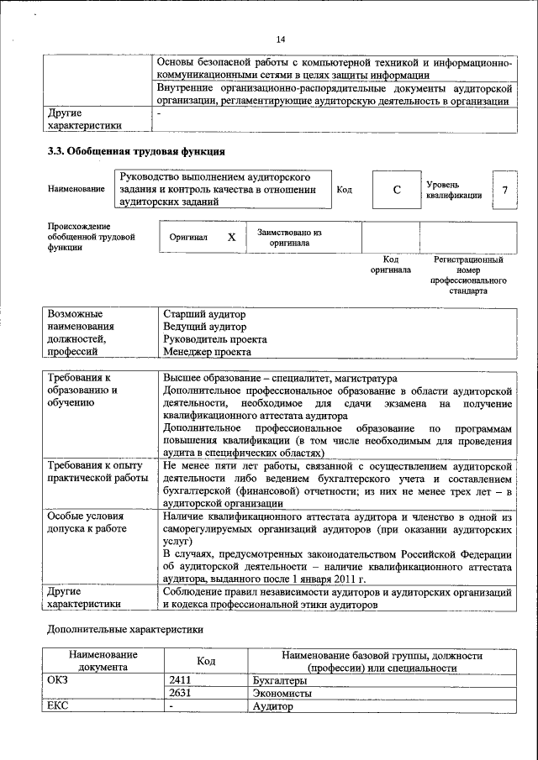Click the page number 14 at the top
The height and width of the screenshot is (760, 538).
click(x=281, y=39)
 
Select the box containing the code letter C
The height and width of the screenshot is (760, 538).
click(x=396, y=190)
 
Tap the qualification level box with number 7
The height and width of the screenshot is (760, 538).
click(x=504, y=190)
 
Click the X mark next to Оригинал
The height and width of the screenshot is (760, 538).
click(x=231, y=238)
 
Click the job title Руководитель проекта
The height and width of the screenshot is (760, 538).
click(x=215, y=339)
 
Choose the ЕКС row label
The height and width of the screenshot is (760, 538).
click(x=60, y=706)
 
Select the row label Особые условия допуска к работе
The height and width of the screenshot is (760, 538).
click(x=87, y=521)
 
